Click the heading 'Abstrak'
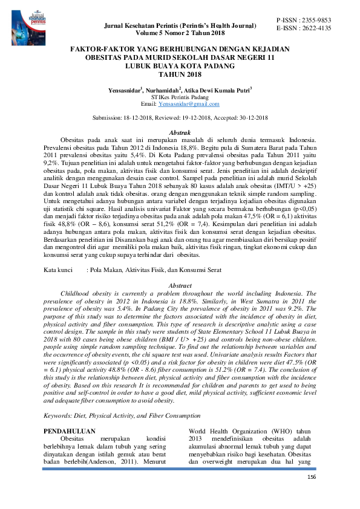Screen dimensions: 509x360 [180, 132]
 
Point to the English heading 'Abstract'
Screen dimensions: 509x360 [180, 284]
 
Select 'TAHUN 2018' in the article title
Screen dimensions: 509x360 [180, 74]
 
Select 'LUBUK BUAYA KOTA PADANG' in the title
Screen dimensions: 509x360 [180, 65]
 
